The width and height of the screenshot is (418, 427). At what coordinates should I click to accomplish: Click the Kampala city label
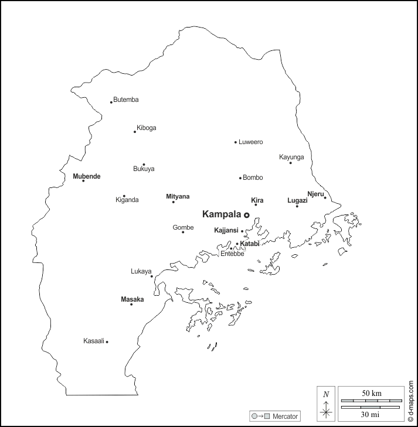click(222, 214)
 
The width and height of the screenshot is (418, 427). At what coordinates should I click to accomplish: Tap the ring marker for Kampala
click(247, 216)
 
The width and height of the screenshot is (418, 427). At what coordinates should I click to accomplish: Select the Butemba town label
click(126, 100)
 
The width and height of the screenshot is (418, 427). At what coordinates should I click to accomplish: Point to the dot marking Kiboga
click(135, 132)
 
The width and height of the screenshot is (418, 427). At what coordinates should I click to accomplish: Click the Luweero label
click(251, 142)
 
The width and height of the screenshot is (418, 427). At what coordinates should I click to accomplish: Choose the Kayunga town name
click(291, 157)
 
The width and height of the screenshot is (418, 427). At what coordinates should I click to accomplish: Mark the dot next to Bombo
click(240, 178)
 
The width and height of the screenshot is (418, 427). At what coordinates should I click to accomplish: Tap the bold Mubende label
click(87, 176)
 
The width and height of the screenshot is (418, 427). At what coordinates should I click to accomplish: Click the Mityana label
click(178, 196)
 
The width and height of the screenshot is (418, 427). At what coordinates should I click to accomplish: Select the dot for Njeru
click(325, 197)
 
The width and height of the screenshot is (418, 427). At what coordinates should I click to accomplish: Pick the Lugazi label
click(297, 200)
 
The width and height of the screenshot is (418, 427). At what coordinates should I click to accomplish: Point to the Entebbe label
click(232, 254)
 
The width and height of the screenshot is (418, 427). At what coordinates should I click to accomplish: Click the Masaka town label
click(132, 299)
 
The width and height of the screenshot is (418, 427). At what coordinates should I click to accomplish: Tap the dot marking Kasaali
click(107, 341)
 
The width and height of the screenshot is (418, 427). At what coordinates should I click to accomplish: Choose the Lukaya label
click(141, 271)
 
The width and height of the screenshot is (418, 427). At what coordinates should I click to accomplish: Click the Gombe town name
click(183, 227)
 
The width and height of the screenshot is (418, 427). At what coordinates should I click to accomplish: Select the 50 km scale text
click(371, 392)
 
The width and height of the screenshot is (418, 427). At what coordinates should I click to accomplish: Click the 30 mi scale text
click(371, 414)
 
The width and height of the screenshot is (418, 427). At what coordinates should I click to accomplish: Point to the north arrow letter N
click(326, 394)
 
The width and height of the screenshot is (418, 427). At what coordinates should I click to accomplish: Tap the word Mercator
click(284, 416)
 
